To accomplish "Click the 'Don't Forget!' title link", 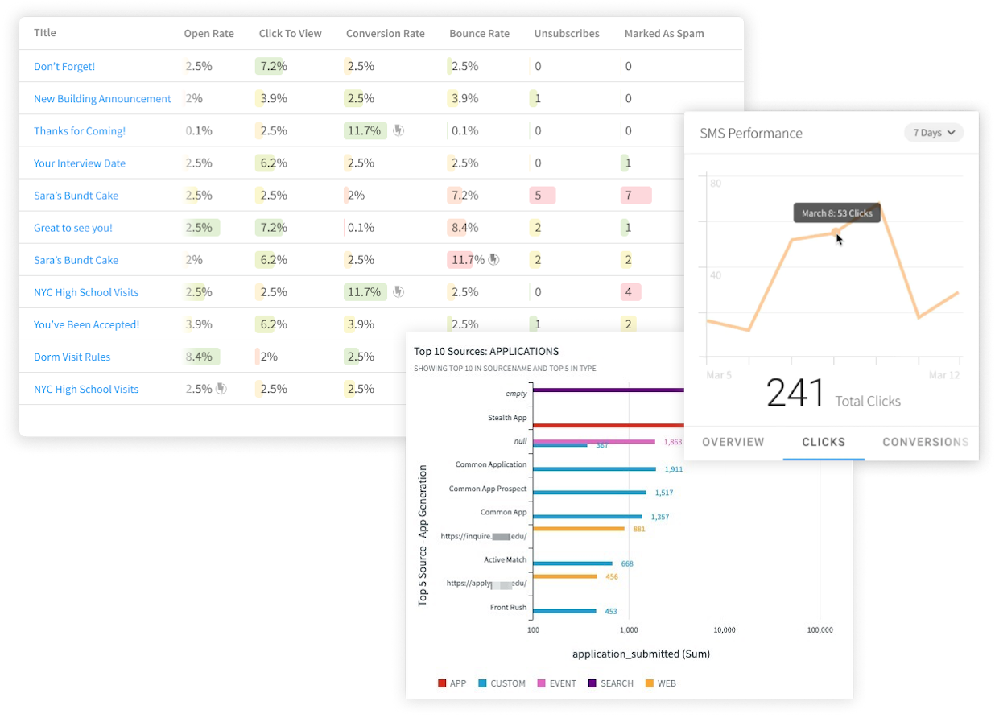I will tap(64, 67).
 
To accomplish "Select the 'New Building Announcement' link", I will tap(102, 99).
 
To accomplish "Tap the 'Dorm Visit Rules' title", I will tap(72, 357).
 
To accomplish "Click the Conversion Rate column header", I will tap(385, 34).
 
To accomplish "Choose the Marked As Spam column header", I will tap(664, 34).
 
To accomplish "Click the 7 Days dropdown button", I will tap(933, 133).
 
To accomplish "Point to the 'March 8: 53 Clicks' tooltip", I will tap(837, 213).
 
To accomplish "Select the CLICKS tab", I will tap(824, 442).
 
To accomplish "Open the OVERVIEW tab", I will tap(733, 442).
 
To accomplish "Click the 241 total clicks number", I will tap(795, 394).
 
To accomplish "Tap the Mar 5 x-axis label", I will tap(719, 375).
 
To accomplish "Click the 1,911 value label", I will tap(673, 468).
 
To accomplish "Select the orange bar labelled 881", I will tap(578, 529).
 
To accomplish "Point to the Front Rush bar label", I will tap(508, 607).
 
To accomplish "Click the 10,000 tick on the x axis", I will tap(725, 629).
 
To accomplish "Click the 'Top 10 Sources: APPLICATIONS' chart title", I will tap(486, 351).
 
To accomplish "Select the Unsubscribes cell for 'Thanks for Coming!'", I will tap(538, 131).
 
